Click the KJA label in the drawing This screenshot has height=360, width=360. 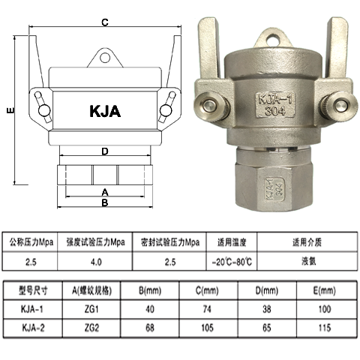pyautogui.click(x=104, y=112)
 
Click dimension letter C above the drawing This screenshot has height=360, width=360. pyautogui.click(x=105, y=22)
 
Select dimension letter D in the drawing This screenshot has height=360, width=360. pyautogui.click(x=105, y=152)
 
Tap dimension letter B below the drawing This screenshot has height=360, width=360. pyautogui.click(x=105, y=202)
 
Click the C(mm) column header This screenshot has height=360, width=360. pyautogui.click(x=207, y=289)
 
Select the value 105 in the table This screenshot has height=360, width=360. pyautogui.click(x=207, y=328)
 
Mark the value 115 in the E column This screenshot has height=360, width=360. pyautogui.click(x=325, y=328)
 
